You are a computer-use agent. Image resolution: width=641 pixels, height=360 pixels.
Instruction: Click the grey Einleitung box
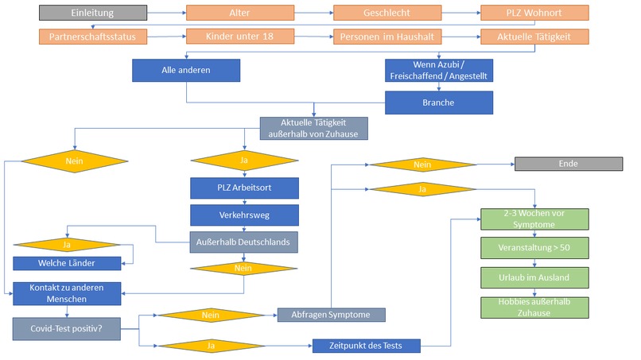click(92, 13)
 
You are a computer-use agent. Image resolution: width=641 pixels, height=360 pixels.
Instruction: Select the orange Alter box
click(240, 13)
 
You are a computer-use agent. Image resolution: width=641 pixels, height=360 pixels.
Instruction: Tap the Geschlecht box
click(387, 13)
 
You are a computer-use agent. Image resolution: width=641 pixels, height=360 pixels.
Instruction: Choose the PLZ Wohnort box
click(534, 13)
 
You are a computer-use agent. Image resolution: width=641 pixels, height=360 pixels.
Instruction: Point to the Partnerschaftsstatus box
click(92, 37)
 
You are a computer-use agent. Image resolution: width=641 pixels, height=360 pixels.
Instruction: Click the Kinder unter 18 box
click(240, 37)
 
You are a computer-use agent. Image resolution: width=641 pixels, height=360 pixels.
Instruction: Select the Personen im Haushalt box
click(387, 37)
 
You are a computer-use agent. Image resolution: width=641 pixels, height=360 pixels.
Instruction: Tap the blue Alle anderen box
click(186, 70)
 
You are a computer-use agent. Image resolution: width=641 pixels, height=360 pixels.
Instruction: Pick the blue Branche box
click(439, 103)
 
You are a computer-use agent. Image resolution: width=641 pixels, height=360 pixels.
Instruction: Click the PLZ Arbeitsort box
click(244, 188)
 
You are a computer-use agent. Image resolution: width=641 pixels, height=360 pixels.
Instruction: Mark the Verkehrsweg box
click(244, 215)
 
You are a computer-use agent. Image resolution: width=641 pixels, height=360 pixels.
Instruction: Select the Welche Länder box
click(67, 263)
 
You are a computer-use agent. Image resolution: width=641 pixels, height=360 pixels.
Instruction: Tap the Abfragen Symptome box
click(331, 315)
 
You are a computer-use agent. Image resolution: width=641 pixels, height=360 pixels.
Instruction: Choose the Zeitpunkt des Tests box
click(366, 346)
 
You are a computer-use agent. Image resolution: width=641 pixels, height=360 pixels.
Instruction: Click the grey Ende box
click(568, 164)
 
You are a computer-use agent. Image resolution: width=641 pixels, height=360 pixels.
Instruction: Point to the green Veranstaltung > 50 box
click(534, 248)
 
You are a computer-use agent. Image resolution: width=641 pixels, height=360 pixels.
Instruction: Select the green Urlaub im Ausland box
click(534, 277)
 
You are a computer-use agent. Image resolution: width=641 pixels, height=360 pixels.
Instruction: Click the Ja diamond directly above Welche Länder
click(67, 243)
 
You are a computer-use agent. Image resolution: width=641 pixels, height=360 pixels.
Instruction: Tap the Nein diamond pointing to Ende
click(422, 164)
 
